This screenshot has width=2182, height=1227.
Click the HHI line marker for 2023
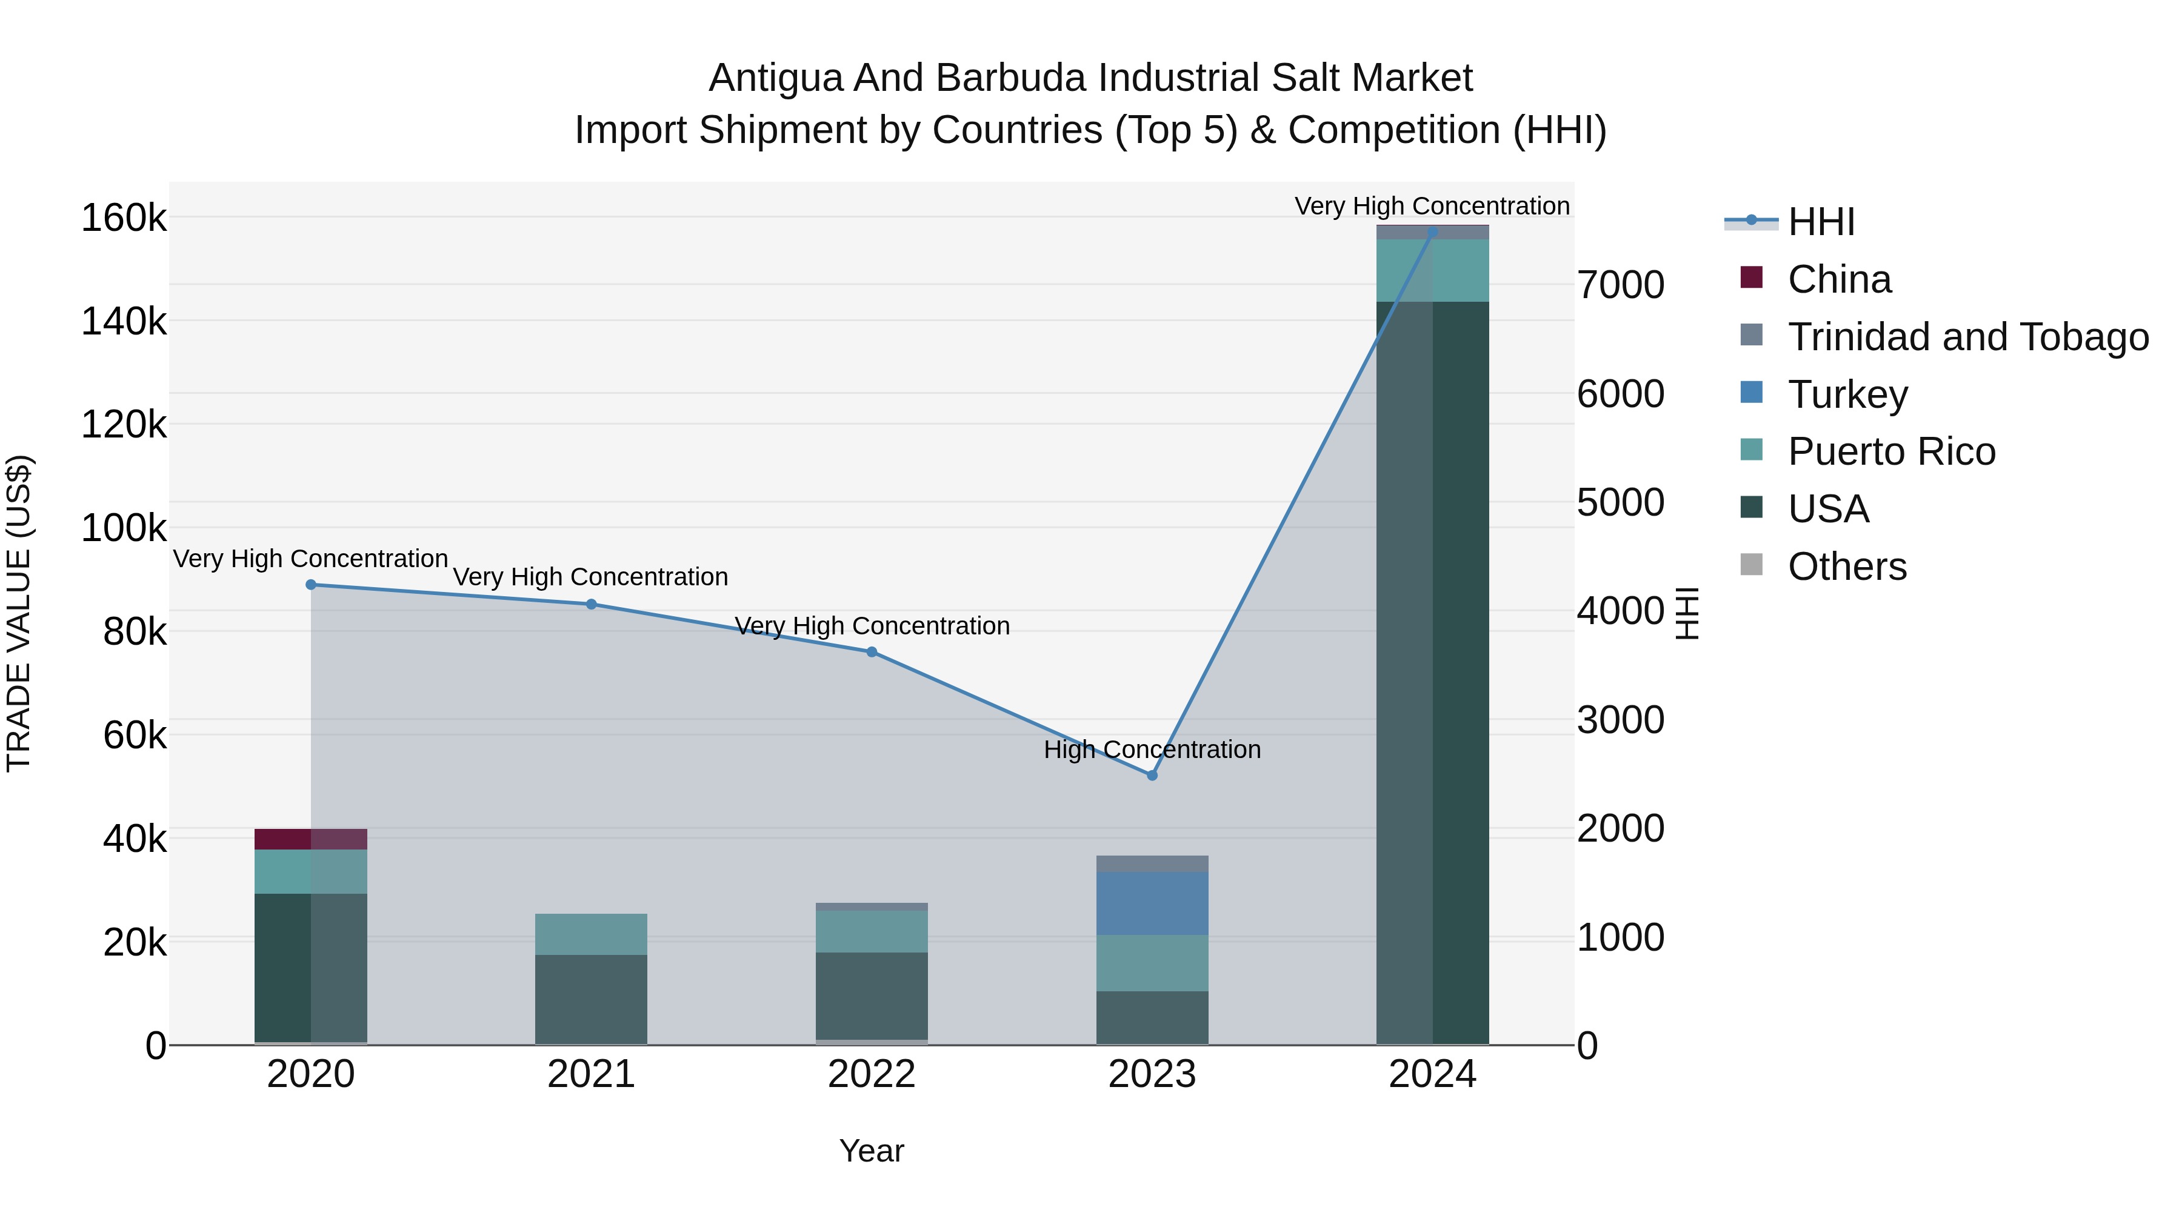1152,775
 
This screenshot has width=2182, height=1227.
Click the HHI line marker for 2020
311,584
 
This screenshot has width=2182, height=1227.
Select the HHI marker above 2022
872,652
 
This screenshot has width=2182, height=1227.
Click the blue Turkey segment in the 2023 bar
1152,903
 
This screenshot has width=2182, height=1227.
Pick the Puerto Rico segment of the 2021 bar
591,934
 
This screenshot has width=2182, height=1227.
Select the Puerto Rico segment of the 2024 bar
1432,270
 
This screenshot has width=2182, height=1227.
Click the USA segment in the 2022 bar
872,996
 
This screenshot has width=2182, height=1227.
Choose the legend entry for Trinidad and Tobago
1967,337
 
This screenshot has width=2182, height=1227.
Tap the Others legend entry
1847,567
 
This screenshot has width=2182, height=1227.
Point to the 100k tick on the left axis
124,528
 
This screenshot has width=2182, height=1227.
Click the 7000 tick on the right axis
1620,285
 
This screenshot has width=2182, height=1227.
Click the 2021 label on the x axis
591,1074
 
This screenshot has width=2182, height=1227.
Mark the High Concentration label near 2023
1152,750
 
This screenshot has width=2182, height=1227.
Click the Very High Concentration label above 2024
1432,206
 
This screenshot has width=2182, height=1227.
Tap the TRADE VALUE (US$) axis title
19,613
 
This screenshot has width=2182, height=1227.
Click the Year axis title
872,1151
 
